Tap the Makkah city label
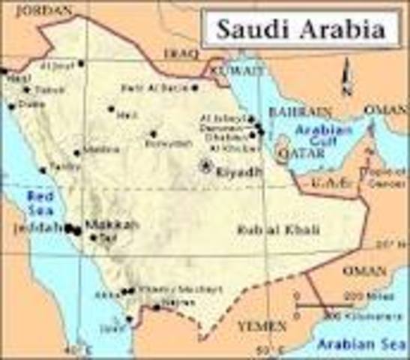pyautogui.click(x=103, y=224)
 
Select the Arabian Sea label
pyautogui.click(x=364, y=345)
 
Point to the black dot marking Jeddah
pyautogui.click(x=68, y=227)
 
